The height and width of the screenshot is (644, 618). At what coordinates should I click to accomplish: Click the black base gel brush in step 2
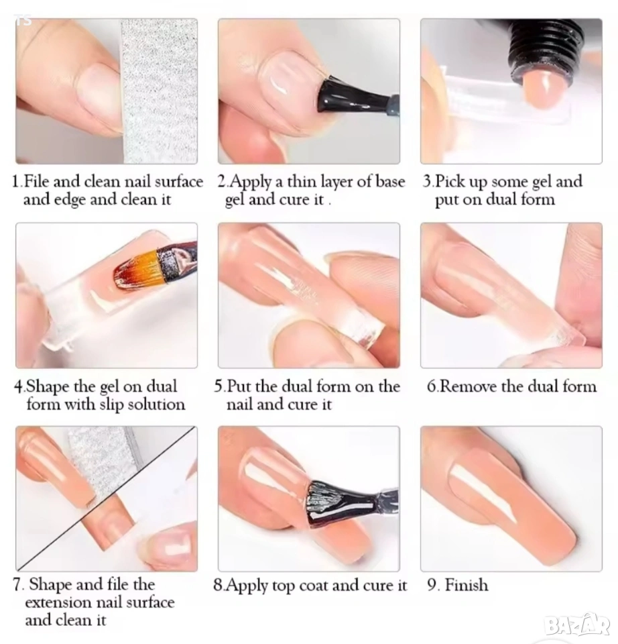click(353, 97)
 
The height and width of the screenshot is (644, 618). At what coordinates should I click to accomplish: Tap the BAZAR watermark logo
click(577, 625)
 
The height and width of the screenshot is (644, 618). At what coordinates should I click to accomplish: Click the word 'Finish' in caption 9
click(467, 585)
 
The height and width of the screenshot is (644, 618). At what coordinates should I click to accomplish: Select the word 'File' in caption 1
click(37, 181)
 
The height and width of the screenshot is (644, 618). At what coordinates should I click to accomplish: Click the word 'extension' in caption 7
click(52, 602)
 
